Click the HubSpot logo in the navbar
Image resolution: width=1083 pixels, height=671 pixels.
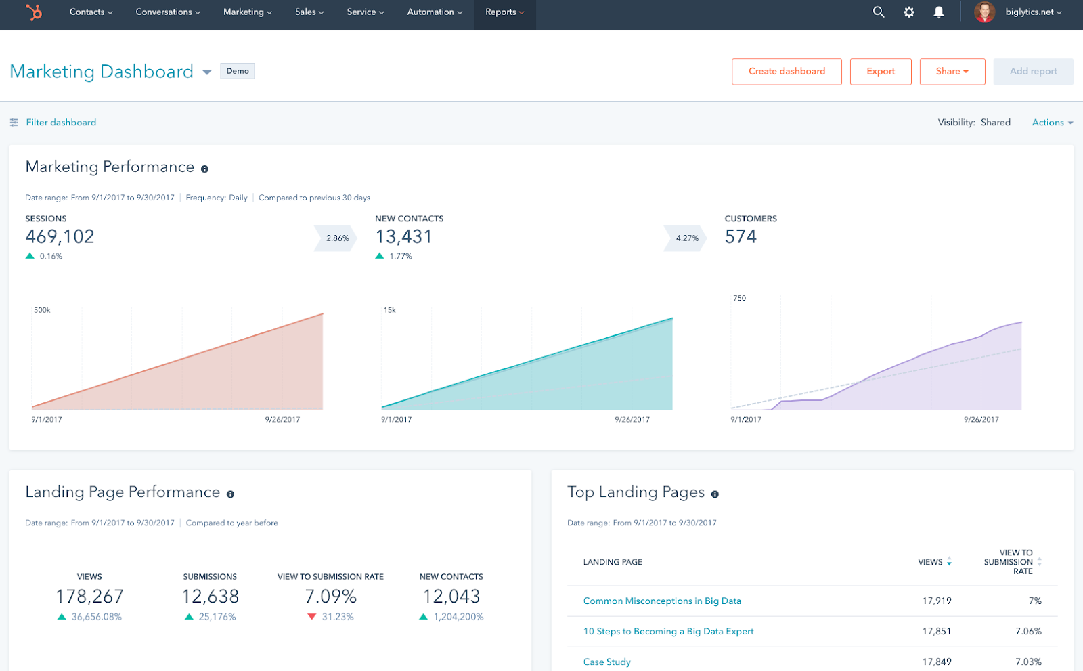pyautogui.click(x=33, y=12)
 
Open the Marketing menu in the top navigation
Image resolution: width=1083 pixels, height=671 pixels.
pyautogui.click(x=247, y=12)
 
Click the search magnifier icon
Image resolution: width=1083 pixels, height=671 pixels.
pyautogui.click(x=879, y=12)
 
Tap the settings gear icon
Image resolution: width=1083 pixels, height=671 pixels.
pyautogui.click(x=909, y=12)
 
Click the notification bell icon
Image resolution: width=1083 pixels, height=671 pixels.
pyautogui.click(x=939, y=12)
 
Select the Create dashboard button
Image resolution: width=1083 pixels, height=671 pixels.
pyautogui.click(x=787, y=71)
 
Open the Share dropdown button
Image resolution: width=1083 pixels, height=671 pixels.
pyautogui.click(x=952, y=71)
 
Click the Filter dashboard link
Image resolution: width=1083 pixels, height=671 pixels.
pyautogui.click(x=61, y=123)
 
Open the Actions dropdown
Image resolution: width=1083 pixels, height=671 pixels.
pyautogui.click(x=1052, y=123)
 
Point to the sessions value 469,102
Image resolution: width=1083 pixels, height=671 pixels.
pyautogui.click(x=60, y=237)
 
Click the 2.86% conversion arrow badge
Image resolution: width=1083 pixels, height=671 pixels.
pyautogui.click(x=336, y=238)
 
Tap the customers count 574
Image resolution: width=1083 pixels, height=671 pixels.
pyautogui.click(x=741, y=237)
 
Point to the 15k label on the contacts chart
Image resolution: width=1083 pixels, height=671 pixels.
pyautogui.click(x=390, y=310)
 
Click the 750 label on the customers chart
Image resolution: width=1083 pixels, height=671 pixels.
pyautogui.click(x=739, y=298)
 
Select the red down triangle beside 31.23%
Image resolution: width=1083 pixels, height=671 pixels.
pyautogui.click(x=312, y=617)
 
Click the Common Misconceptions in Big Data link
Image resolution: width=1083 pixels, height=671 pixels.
pyautogui.click(x=662, y=601)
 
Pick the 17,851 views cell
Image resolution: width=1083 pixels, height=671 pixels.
pyautogui.click(x=936, y=632)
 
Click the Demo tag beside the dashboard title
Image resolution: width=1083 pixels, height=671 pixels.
pyautogui.click(x=238, y=71)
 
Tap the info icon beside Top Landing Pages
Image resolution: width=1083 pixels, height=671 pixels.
pyautogui.click(x=715, y=494)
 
